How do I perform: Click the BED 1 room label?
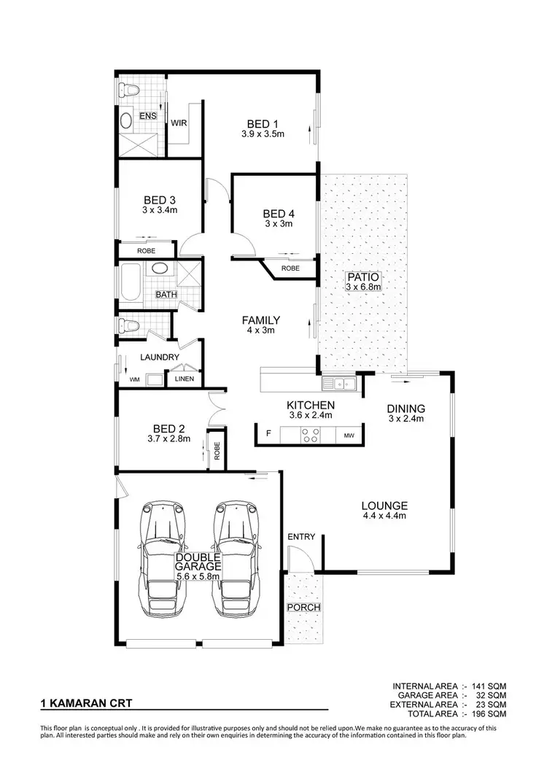pyautogui.click(x=263, y=123)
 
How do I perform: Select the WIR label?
pyautogui.click(x=179, y=123)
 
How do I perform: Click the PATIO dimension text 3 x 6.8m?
pyautogui.click(x=363, y=287)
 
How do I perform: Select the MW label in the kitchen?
pyautogui.click(x=349, y=436)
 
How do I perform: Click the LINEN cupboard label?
pyautogui.click(x=185, y=380)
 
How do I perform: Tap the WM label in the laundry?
pyautogui.click(x=134, y=380)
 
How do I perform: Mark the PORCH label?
pyautogui.click(x=303, y=607)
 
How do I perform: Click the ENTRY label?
pyautogui.click(x=301, y=537)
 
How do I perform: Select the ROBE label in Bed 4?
pyautogui.click(x=290, y=268)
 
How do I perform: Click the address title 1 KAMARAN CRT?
pyautogui.click(x=85, y=705)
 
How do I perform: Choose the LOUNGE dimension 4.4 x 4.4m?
pyautogui.click(x=384, y=516)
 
